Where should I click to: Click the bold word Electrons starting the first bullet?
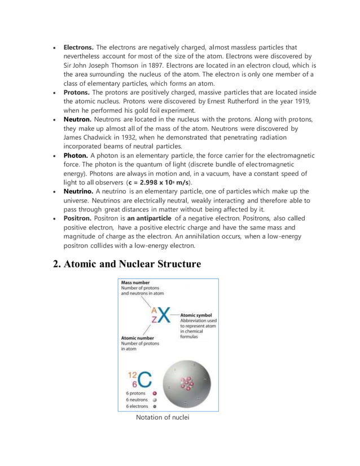[x=78, y=47]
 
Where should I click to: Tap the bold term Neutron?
[x=77, y=120]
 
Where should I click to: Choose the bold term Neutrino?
[x=78, y=191]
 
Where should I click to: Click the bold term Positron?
[x=78, y=218]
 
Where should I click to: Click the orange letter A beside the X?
[x=153, y=309]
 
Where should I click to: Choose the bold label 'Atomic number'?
[x=138, y=338]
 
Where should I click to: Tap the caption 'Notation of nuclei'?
[x=163, y=417]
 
